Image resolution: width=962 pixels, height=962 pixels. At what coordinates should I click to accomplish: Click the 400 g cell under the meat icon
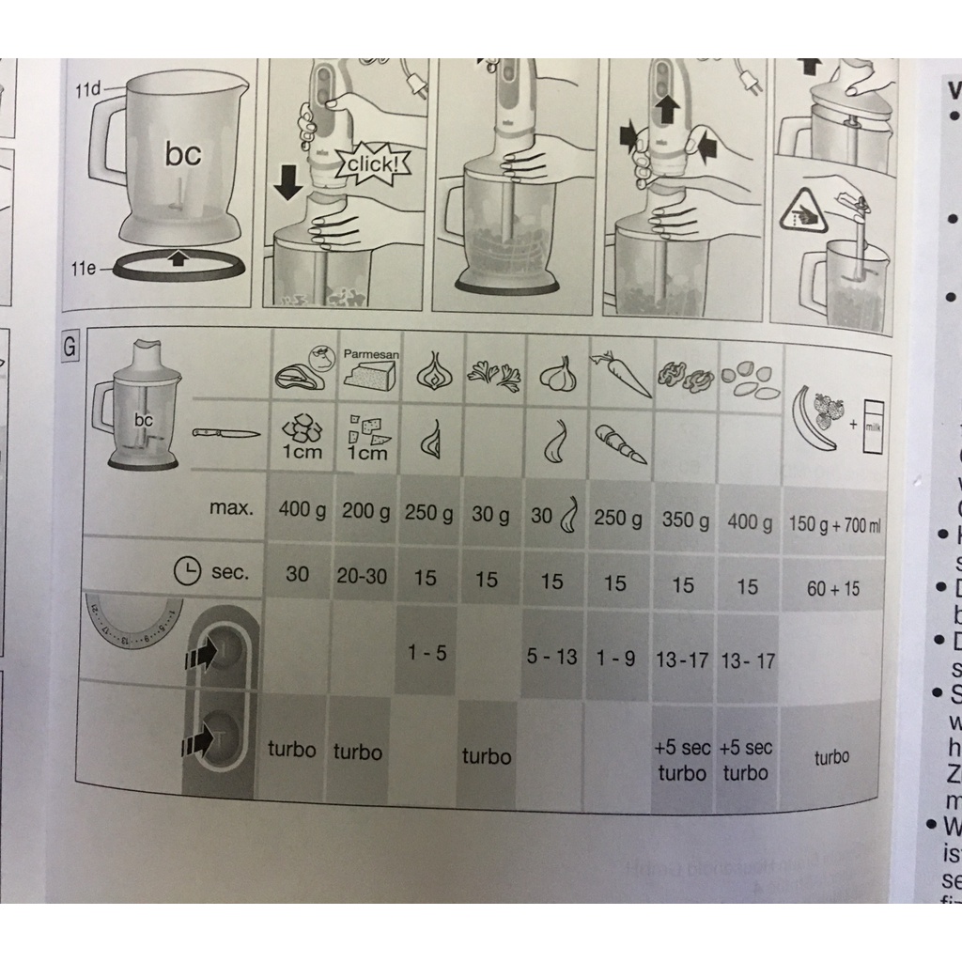coord(297,511)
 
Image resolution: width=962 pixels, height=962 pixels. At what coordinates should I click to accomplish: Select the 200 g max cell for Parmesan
coord(364,512)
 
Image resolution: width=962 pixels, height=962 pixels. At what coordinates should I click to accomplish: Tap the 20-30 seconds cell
coord(362,575)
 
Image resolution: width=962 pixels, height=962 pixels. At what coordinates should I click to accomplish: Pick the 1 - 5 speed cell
coord(427,652)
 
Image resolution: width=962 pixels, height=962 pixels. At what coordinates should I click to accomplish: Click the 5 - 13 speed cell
coord(552,657)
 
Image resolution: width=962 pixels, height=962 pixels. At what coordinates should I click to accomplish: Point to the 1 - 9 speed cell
coord(615,659)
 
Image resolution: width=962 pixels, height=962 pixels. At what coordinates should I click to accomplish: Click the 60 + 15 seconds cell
coord(832,589)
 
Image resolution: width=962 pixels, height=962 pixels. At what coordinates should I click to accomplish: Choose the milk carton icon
coord(873,427)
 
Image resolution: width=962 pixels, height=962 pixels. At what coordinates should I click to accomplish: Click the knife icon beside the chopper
coord(225,433)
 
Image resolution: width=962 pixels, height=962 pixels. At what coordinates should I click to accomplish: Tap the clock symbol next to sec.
coord(189,570)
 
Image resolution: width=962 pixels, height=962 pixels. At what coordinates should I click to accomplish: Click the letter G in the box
coord(69,348)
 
